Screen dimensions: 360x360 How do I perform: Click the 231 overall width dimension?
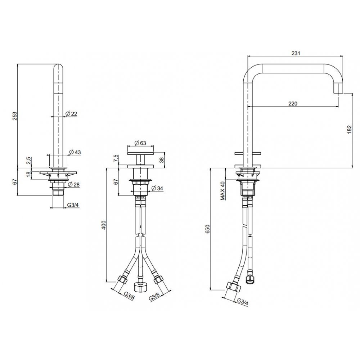296,53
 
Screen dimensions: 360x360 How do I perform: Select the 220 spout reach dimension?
293,104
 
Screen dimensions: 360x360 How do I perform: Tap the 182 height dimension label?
349,130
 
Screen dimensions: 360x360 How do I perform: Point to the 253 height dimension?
15,116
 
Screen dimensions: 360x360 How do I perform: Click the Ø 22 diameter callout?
71,114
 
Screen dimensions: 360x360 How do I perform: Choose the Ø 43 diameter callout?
75,152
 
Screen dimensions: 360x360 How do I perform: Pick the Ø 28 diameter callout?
74,184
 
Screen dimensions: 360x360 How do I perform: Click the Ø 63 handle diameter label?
140,143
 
